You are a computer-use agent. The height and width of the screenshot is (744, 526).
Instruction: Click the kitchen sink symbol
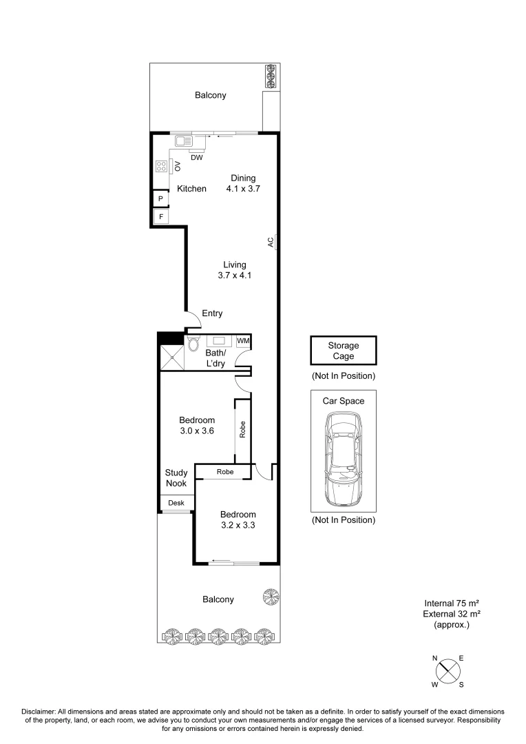click(x=183, y=141)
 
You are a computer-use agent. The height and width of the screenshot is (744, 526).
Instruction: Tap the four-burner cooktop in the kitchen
click(x=161, y=166)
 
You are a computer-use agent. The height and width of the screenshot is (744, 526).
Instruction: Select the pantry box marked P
click(x=160, y=199)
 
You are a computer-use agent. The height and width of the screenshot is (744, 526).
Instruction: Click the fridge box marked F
click(x=161, y=217)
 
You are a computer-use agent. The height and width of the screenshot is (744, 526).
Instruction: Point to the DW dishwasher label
click(x=197, y=158)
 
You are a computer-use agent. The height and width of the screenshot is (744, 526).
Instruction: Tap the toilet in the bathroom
click(x=193, y=344)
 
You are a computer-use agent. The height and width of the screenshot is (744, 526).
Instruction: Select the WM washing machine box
click(x=243, y=341)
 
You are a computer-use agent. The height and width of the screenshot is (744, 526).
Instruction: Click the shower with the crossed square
click(x=171, y=357)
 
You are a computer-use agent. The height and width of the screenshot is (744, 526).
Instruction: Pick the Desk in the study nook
click(x=176, y=503)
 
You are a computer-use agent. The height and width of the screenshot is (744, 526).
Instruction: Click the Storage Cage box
click(x=344, y=351)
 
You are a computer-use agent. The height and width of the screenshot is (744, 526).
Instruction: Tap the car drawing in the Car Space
click(x=344, y=460)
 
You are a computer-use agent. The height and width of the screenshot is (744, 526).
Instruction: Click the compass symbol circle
click(x=448, y=671)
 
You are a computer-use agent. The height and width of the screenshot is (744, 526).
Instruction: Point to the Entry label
click(x=212, y=313)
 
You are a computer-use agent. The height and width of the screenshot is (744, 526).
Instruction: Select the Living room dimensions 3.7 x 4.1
click(x=235, y=275)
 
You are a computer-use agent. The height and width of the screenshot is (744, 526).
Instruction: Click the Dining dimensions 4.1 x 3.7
click(x=243, y=188)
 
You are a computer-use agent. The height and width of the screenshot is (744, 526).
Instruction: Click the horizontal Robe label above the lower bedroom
click(x=225, y=472)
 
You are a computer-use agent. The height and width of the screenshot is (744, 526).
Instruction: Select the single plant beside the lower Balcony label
click(x=271, y=597)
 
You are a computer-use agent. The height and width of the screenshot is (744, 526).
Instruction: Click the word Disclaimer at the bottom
click(x=39, y=712)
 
